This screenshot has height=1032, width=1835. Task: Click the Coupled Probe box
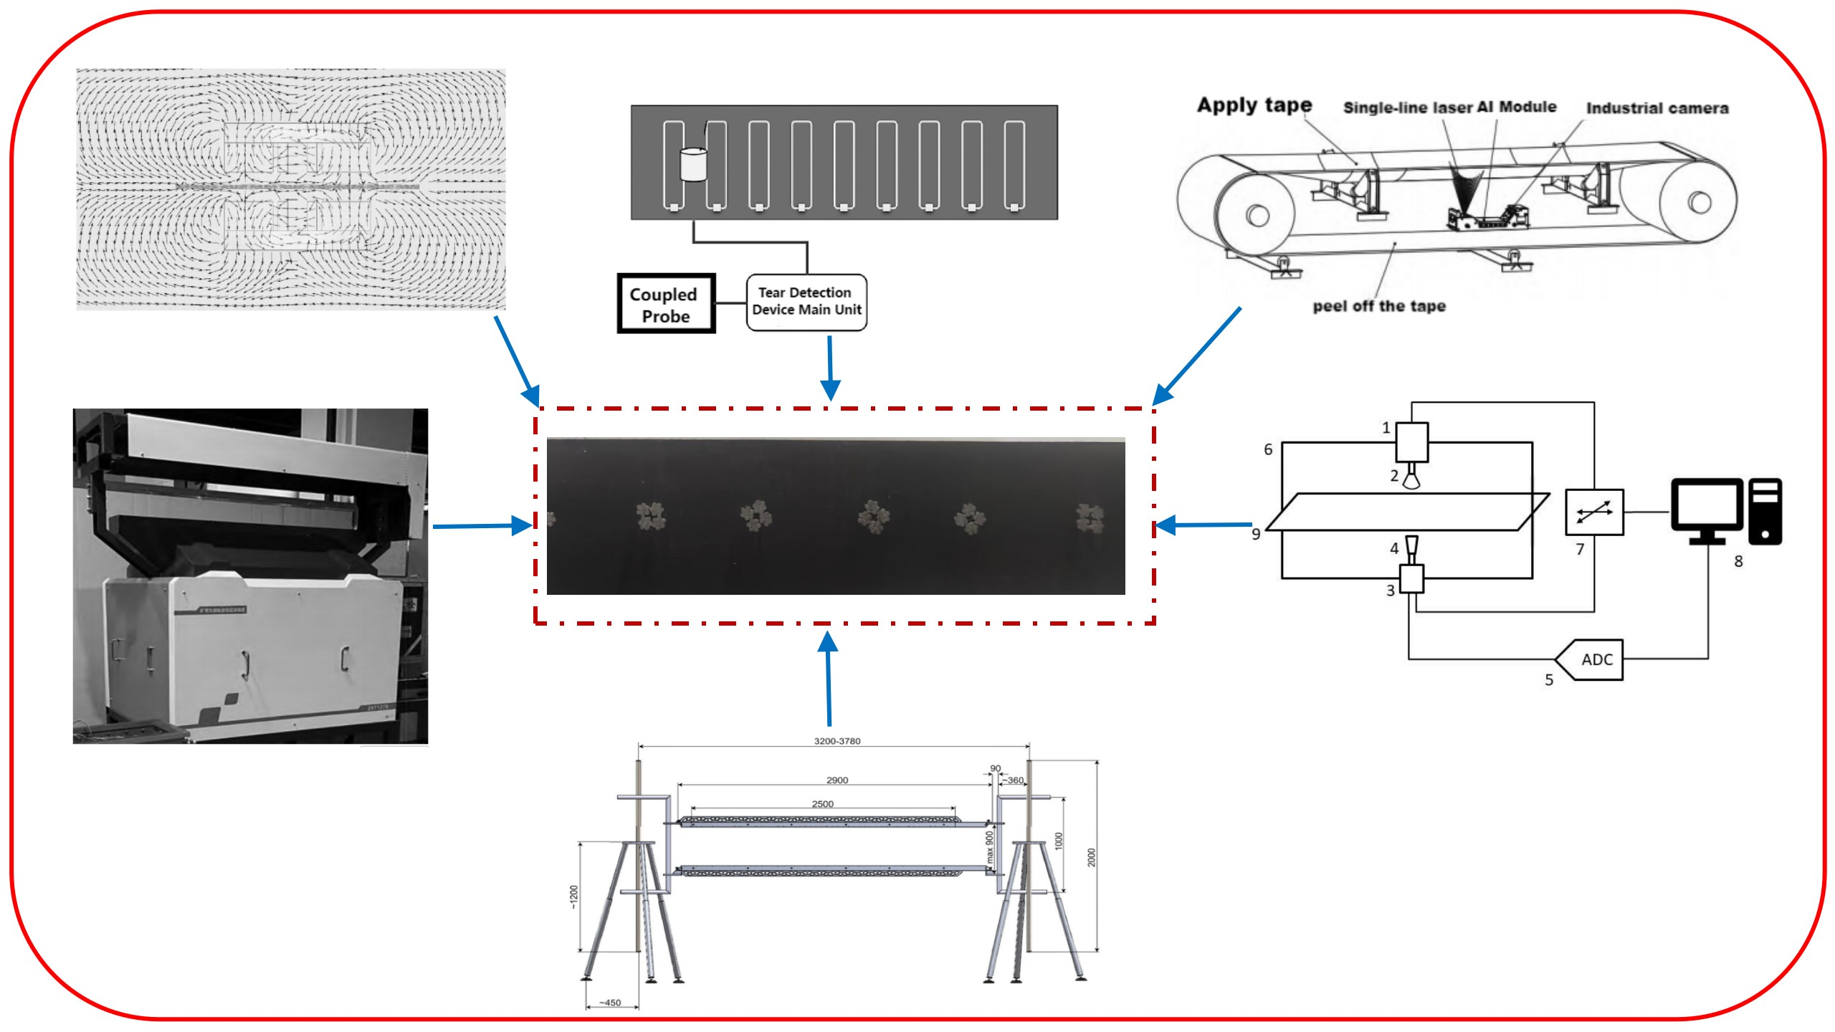tap(666, 304)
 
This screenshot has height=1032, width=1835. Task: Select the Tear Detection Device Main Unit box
tap(806, 302)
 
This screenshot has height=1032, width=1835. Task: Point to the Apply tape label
tap(1254, 105)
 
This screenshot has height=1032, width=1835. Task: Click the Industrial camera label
tap(1657, 108)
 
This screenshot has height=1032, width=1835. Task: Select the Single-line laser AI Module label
tap(1449, 107)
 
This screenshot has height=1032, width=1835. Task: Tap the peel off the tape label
tap(1379, 306)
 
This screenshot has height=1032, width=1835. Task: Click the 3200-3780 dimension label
tap(837, 741)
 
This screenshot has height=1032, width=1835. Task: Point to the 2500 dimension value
tap(822, 804)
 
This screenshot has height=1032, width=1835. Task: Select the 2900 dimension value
tap(837, 780)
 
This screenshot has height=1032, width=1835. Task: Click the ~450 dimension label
tap(610, 1003)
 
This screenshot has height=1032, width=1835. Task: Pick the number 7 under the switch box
tap(1580, 550)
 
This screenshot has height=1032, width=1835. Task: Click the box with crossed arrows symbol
tap(1594, 512)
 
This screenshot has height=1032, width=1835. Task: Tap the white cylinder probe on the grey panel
tap(693, 164)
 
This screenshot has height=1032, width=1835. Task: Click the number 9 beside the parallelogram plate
tap(1256, 534)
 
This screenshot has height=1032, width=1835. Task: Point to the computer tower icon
tap(1765, 511)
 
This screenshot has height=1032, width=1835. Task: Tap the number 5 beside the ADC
tap(1549, 680)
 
